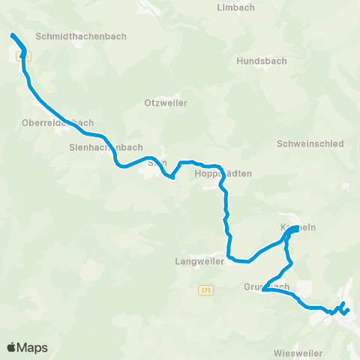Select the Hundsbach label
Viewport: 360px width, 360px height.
click(257, 61)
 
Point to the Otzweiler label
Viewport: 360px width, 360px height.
click(165, 103)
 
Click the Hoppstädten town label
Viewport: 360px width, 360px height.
click(223, 173)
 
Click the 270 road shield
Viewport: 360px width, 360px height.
click(205, 289)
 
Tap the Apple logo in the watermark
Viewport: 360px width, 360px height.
click(11, 347)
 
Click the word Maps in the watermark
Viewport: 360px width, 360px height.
click(33, 347)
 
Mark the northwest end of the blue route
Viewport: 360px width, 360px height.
click(11, 35)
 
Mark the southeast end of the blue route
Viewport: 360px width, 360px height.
click(348, 310)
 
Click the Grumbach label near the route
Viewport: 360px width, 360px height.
click(265, 286)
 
